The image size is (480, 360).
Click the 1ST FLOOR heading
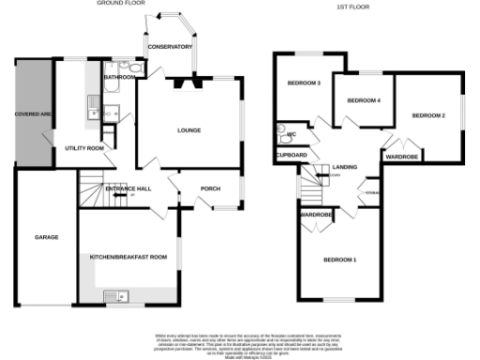pos(350,7)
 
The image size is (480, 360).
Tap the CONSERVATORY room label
pos(169,47)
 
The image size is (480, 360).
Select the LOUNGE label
pos(189,130)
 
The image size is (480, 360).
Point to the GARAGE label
pos(46,237)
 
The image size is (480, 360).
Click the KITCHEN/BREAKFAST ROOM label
pos(127,256)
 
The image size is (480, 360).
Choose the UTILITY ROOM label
pos(83,148)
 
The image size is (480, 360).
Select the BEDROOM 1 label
pos(340,259)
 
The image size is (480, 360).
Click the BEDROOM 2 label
pos(428,115)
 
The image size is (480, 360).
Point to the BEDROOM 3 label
pos(304,83)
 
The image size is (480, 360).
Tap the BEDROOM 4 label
pos(364,99)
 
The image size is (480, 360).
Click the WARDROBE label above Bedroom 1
pos(316,215)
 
